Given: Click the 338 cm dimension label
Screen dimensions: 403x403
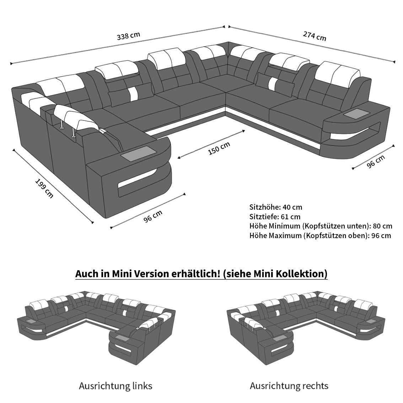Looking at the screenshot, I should (x=129, y=36).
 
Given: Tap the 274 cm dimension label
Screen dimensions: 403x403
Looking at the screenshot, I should (x=315, y=36).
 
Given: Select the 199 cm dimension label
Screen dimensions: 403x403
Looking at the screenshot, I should (x=44, y=188).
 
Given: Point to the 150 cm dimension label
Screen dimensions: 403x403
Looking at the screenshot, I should (x=219, y=148).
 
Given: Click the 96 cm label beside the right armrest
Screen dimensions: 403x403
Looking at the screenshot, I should (x=376, y=162).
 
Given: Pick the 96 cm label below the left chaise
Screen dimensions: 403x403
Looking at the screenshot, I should (x=153, y=216).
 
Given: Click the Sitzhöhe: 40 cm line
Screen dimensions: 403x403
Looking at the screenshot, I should (x=276, y=207).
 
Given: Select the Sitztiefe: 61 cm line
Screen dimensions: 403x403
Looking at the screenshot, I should (x=275, y=217).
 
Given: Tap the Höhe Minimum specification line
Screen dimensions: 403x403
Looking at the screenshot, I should (x=321, y=226).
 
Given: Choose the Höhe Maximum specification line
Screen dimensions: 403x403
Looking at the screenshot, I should (x=320, y=236).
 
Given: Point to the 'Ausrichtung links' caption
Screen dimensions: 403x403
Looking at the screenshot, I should (x=115, y=386).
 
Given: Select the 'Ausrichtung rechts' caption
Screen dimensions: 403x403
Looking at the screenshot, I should (x=289, y=386).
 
